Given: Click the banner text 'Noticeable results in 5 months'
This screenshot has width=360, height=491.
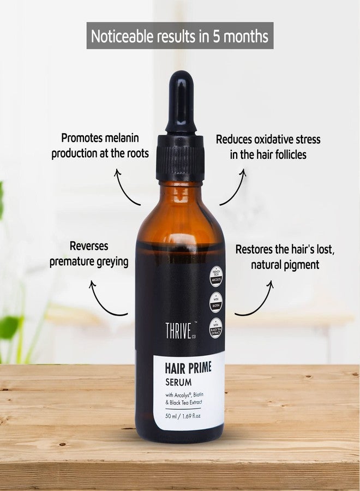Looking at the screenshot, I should [179, 36].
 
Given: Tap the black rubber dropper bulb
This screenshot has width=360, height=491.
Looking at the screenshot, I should [180, 104].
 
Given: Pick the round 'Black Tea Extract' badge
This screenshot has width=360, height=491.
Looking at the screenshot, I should [215, 328].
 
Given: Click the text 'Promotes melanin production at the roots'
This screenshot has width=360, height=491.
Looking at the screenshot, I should [100, 146].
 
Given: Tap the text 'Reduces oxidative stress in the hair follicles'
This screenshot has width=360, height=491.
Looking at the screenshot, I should [268, 146].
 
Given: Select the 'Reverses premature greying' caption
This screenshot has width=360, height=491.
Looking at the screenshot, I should [89, 255].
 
